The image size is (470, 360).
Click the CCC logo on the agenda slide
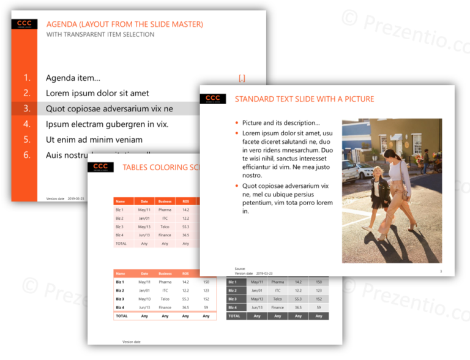[x=24, y=24]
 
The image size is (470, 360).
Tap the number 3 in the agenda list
[x=27, y=108]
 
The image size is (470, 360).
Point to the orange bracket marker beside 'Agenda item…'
[x=242, y=78]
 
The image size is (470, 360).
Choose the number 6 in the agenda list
[x=27, y=155]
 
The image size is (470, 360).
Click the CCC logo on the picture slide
[x=213, y=99]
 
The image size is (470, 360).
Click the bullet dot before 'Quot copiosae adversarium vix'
[x=237, y=186]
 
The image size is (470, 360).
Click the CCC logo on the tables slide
[x=100, y=167]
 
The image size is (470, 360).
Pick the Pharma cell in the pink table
[x=165, y=209]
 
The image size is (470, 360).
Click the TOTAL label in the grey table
[x=234, y=316]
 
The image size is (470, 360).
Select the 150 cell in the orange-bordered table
[x=206, y=282]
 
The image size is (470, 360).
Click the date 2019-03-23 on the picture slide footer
[x=264, y=274]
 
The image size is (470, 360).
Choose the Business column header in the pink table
[x=165, y=201]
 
